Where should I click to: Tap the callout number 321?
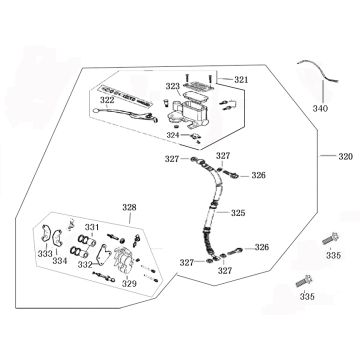(x=240, y=80)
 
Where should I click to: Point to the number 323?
(x=172, y=87)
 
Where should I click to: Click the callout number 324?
(x=172, y=134)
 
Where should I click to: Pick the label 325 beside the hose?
(x=237, y=212)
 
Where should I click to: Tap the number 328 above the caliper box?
(x=129, y=207)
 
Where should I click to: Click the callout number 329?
(x=129, y=284)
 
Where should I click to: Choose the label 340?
(x=320, y=108)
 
